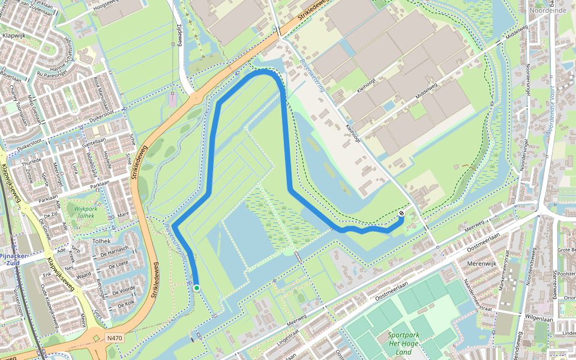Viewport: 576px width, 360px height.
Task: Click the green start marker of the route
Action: click(196, 288)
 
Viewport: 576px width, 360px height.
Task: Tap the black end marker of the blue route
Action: click(401, 214)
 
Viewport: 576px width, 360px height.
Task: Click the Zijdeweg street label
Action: click(178, 35)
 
